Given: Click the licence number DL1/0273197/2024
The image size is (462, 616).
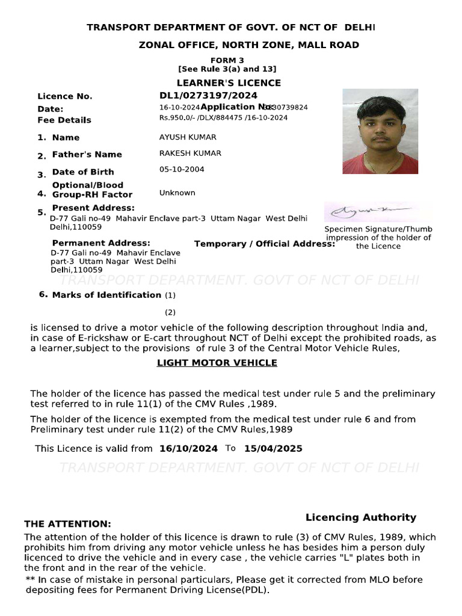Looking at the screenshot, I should click(x=208, y=96).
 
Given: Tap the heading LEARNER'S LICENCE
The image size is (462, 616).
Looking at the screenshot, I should click(x=229, y=83).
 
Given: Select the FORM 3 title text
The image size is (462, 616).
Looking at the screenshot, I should click(x=227, y=61).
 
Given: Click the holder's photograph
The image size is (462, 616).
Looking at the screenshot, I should click(x=380, y=132).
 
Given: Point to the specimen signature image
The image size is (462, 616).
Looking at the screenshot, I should click(x=378, y=212).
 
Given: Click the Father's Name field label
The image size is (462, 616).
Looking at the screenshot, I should click(x=87, y=155).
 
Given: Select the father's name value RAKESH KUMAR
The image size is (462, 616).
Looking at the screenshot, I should click(x=190, y=153).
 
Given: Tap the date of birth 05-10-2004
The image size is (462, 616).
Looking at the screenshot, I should click(x=182, y=170).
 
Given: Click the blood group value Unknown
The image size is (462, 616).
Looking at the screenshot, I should click(x=177, y=193).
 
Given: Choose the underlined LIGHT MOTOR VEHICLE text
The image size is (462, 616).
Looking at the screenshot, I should click(x=217, y=363).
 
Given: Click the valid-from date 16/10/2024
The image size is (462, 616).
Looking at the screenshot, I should click(x=189, y=449).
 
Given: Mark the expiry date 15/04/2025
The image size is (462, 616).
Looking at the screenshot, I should click(x=273, y=449).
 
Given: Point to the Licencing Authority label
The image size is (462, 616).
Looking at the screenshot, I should click(x=361, y=517).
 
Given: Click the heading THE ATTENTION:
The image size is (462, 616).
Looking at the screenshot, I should click(x=67, y=525).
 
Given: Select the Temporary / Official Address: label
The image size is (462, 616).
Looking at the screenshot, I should click(x=265, y=244).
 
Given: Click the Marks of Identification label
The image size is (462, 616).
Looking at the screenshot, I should click(x=106, y=295).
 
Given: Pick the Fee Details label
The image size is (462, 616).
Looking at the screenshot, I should click(x=64, y=120).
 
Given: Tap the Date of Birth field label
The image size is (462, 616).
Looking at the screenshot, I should click(x=83, y=172).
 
